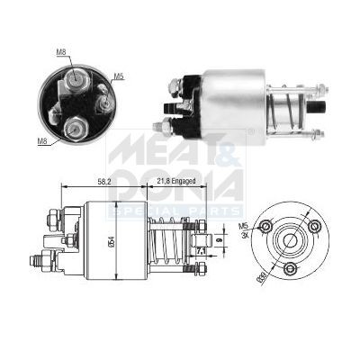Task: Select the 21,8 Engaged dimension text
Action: point(174,181)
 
